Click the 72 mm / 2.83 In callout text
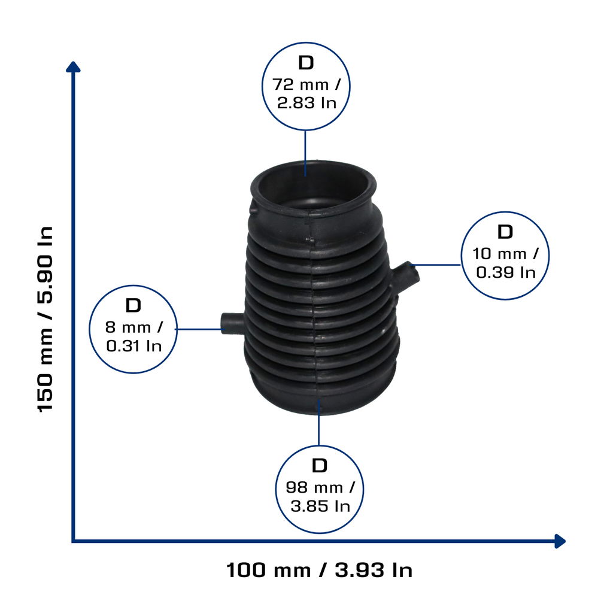click(306, 93)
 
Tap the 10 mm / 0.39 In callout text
click(505, 263)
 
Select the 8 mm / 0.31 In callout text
click(133, 336)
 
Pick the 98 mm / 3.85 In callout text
click(320, 497)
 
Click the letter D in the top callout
click(306, 62)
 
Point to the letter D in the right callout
click(505, 232)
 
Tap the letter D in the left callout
click(133, 306)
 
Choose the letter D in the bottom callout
click(320, 466)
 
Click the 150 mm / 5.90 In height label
click(45, 318)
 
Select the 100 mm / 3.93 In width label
click(320, 570)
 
